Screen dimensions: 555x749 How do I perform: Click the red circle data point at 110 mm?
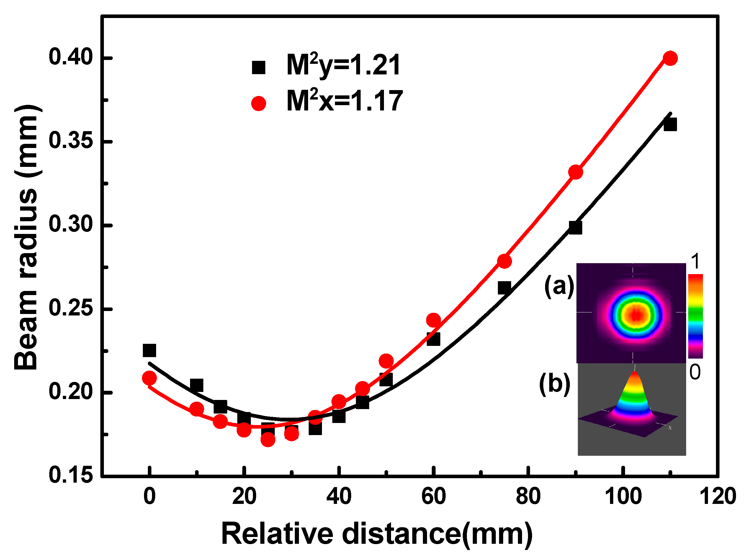[x=670, y=58]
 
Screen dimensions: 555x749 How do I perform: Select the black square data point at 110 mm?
[x=670, y=125]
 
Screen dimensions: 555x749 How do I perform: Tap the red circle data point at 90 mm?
[x=575, y=172]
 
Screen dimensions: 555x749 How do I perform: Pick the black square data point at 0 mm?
[x=149, y=350]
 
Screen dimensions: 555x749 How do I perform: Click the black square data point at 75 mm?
[x=504, y=288]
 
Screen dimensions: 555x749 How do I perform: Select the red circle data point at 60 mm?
[x=433, y=320]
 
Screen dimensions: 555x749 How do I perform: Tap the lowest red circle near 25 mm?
[x=268, y=440]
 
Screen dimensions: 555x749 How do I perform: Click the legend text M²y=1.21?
[x=343, y=66]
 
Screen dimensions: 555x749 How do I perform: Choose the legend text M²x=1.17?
[x=344, y=101]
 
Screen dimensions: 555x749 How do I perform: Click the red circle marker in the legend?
[x=259, y=103]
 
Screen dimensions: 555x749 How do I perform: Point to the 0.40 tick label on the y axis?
[x=66, y=57]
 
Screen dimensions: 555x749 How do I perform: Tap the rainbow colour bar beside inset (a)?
[x=695, y=316]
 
